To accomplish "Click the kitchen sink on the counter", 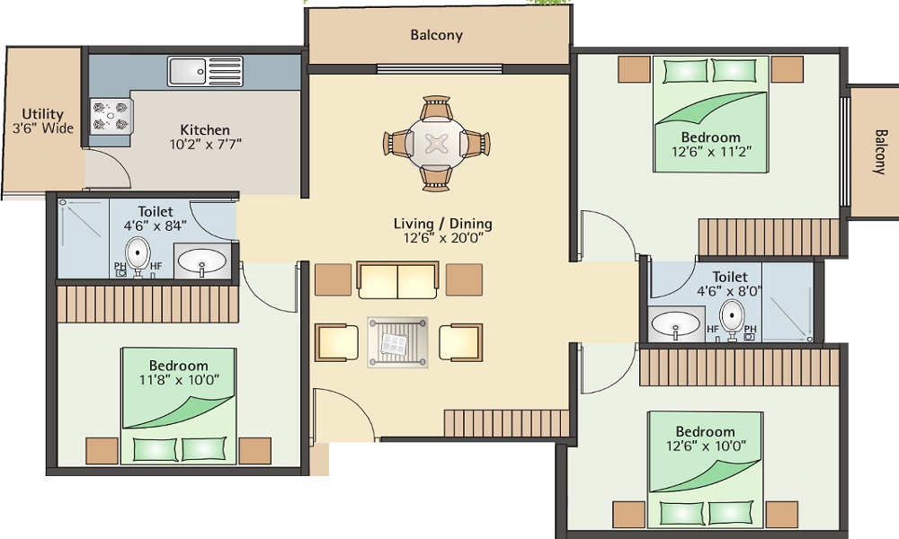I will (x=205, y=71).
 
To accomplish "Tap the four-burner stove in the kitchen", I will (x=111, y=116).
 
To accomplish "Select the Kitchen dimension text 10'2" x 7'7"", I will (x=206, y=144).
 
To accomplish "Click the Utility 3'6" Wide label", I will (x=43, y=121).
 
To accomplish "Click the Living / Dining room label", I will (x=442, y=231).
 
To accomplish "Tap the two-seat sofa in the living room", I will (x=397, y=280).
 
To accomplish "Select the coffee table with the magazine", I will (x=397, y=342).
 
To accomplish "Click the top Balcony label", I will (x=436, y=35).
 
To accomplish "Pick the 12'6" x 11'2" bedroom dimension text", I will (x=710, y=152).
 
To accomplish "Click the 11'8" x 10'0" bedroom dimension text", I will (x=178, y=380).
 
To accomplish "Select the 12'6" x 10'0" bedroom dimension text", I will (x=706, y=446).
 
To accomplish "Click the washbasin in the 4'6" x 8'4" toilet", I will (x=201, y=262).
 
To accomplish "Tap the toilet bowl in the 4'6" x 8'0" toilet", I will (x=732, y=318).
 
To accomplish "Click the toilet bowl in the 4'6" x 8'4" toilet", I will (x=138, y=254).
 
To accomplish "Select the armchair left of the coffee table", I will (x=337, y=342).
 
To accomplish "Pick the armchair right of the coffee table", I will (x=460, y=342).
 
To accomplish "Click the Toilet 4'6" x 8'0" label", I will (x=729, y=284).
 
